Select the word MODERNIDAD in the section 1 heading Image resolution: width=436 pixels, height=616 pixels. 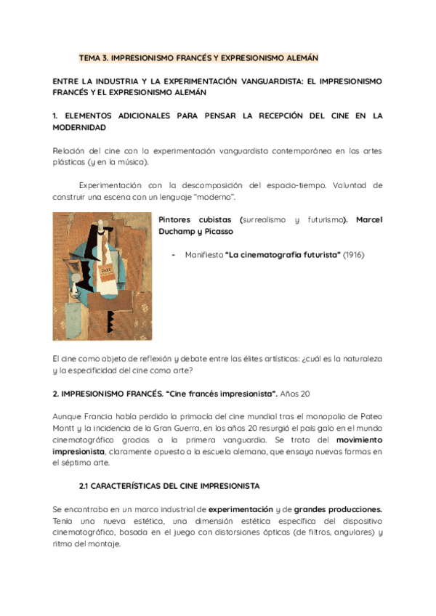[79, 127]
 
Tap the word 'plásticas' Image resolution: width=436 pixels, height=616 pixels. [70, 162]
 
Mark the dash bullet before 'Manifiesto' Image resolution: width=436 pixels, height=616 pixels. [173, 255]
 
